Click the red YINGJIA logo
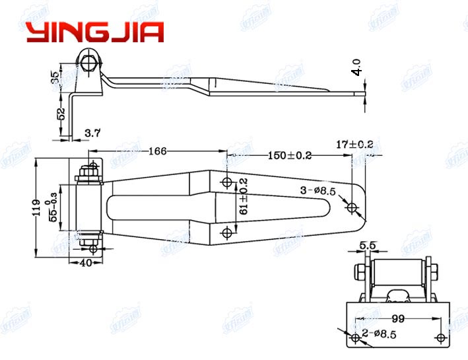tap(94, 32)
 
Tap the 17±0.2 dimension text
tap(354, 143)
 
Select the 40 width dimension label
tap(86, 263)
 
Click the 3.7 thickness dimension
tap(92, 134)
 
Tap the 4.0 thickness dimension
tap(357, 68)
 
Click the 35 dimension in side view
tap(53, 78)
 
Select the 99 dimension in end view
tap(397, 318)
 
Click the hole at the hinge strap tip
tap(352, 208)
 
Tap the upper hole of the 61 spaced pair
tap(227, 182)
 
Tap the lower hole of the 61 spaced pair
tap(227, 231)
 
